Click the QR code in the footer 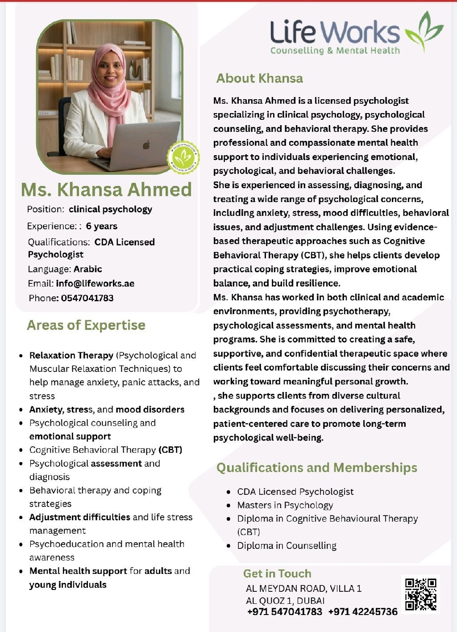(420, 594)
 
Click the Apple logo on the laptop (146, 145)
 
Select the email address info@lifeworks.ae (95, 283)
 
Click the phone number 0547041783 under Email (87, 298)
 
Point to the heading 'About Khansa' (259, 78)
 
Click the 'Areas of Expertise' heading (86, 325)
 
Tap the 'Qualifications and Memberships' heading (316, 468)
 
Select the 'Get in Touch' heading (277, 573)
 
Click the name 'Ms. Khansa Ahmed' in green (106, 190)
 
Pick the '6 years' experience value (102, 226)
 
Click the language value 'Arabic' (88, 269)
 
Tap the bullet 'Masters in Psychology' (285, 505)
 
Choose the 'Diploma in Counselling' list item (287, 545)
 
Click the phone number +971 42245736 (363, 611)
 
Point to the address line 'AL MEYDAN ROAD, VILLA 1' (303, 588)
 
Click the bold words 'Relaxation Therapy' (71, 355)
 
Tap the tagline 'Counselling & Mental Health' (335, 51)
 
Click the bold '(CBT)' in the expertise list (170, 450)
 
